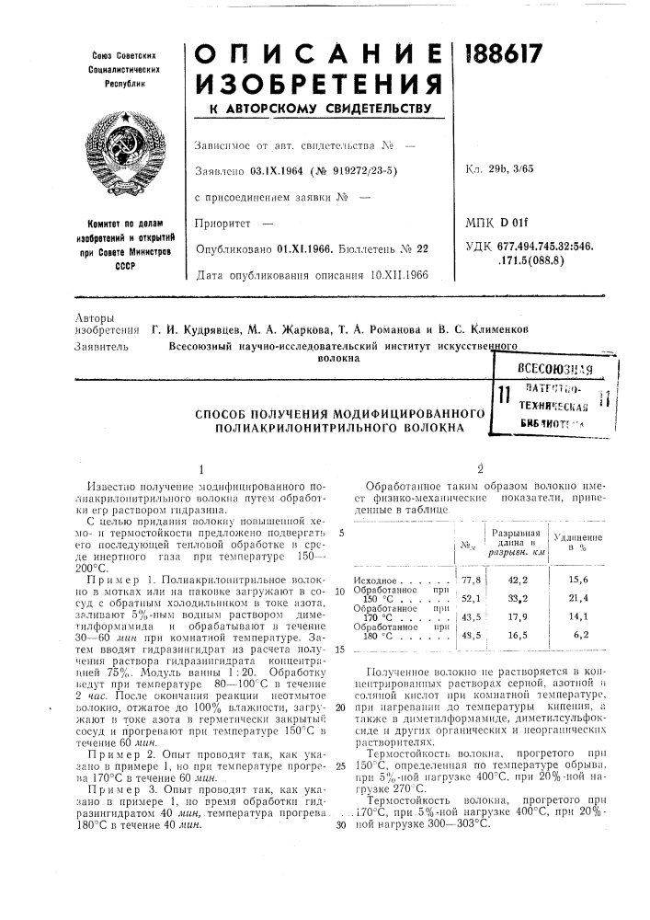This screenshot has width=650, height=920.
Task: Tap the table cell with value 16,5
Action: tap(517, 635)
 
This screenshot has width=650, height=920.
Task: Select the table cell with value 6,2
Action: tap(580, 635)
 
